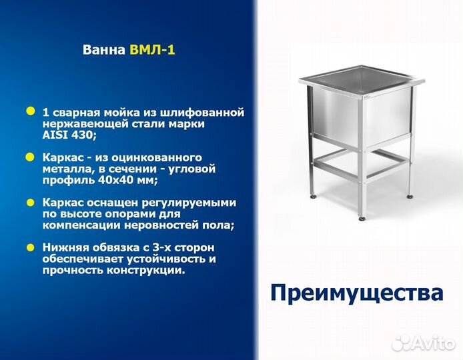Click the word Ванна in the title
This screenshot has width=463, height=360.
[102, 50]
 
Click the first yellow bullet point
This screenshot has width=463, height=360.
[30, 111]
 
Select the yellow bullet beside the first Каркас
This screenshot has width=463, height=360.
[30, 157]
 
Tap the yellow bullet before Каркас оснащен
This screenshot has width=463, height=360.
[30, 201]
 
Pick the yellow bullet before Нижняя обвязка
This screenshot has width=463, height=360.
[30, 247]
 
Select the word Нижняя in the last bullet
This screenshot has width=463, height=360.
[64, 247]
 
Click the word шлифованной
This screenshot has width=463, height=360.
[209, 112]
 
